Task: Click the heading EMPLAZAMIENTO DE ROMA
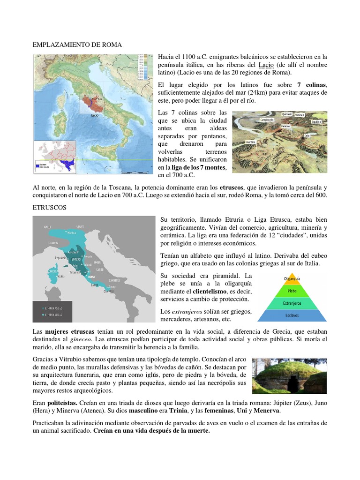coord(77,45)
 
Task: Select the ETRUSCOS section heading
coord(50,206)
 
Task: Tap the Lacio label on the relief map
coord(95,114)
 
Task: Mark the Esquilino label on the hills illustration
coord(315,121)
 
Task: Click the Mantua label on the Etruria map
coord(71,232)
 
